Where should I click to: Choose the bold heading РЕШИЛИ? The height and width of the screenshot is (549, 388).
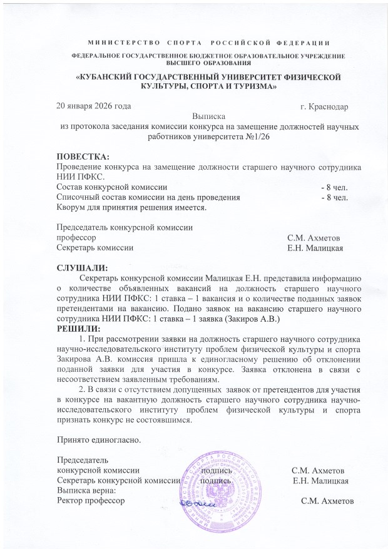point(78,329)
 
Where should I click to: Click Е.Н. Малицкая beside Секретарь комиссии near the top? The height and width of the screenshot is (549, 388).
point(314,248)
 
